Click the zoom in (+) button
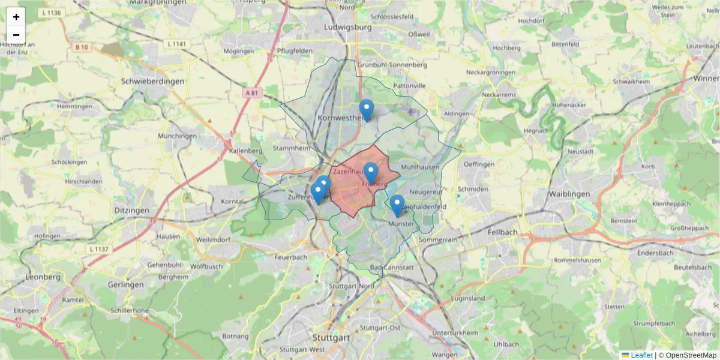coord(16,17)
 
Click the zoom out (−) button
coord(16,35)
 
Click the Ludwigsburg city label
coord(347,28)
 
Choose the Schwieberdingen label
coord(152,81)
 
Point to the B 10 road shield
coord(82,47)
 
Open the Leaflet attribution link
coord(641,355)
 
